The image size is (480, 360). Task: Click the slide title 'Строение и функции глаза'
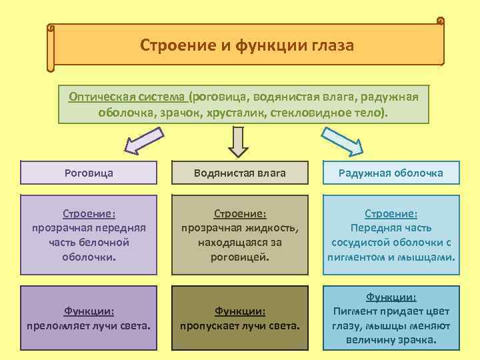pos(247,45)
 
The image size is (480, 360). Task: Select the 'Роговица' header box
pos(89,173)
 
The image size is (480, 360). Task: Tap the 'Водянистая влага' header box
pos(239,173)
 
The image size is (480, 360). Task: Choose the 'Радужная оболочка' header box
pos(391,173)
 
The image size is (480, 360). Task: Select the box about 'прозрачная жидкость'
pos(239,235)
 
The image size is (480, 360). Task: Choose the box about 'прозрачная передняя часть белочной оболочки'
pos(89,235)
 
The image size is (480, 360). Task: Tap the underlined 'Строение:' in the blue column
pos(391,214)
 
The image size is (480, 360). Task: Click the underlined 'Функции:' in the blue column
pos(391,297)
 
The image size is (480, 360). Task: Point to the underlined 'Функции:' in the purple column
pos(89,311)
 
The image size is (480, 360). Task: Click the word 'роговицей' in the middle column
pos(240,256)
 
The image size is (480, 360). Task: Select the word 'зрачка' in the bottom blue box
pos(417,339)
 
